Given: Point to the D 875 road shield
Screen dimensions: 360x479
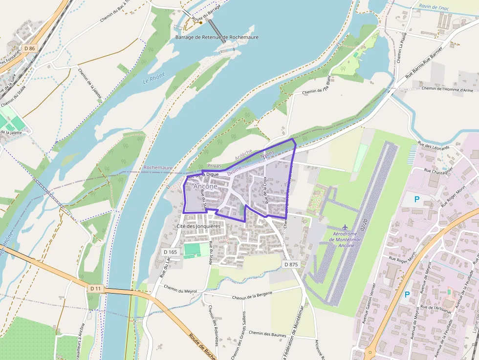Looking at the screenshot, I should click(291, 264).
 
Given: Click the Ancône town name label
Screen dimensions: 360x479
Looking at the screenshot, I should click(205, 187).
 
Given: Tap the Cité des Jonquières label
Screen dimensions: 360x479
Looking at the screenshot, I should click(198, 227).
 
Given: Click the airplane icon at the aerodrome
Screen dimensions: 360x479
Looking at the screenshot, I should click(346, 227).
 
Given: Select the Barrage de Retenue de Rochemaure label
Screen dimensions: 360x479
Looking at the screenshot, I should click(217, 37).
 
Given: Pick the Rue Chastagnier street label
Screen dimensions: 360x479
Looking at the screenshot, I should click(438, 170).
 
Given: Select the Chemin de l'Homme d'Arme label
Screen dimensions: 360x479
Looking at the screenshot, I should click(447, 89).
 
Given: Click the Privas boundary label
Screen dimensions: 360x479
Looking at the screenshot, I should click(214, 166).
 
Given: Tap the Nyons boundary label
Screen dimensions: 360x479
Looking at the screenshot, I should click(268, 154).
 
